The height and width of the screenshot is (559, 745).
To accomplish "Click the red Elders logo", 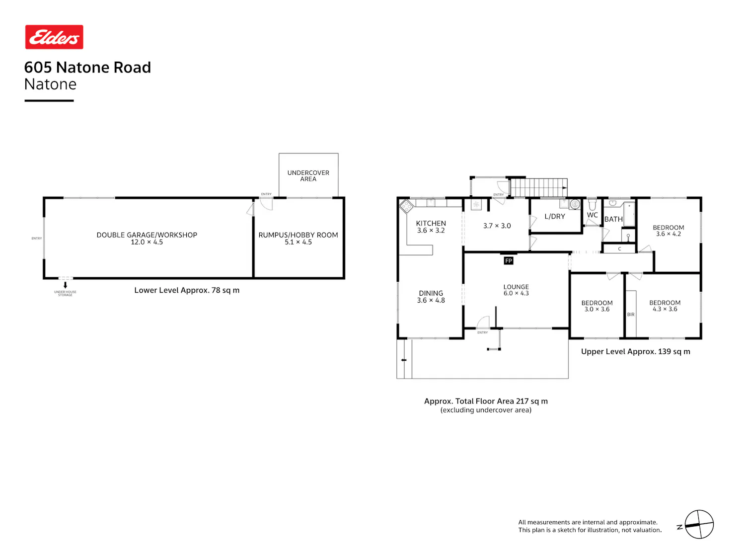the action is (x=54, y=37).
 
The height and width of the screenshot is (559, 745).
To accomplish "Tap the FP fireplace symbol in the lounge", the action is (x=508, y=261).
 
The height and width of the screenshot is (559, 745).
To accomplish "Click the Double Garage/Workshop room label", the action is (x=147, y=239).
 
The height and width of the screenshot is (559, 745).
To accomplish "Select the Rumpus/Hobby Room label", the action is (x=298, y=239).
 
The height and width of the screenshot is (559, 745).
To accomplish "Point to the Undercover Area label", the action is (x=308, y=176).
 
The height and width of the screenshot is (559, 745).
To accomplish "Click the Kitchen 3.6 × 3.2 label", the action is (x=431, y=227).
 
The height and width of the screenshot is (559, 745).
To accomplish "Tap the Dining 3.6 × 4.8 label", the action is (x=431, y=297).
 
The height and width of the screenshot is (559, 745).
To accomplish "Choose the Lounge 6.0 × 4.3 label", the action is (x=516, y=290).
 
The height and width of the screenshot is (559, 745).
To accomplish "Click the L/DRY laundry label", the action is (x=555, y=217).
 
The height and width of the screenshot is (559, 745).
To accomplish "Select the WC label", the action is (x=592, y=215).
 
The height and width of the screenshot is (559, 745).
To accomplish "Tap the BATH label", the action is (x=613, y=219).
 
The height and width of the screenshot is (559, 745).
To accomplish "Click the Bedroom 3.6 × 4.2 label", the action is (x=669, y=231).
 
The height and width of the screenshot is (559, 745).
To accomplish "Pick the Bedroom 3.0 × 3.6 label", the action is (x=596, y=306).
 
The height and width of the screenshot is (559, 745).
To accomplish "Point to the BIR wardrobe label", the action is (x=631, y=315).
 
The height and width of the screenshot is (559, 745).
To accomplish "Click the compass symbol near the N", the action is (x=699, y=524).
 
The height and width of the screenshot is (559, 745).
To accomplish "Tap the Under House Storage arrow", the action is (x=65, y=285).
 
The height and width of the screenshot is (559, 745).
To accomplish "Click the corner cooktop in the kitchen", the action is (x=406, y=206).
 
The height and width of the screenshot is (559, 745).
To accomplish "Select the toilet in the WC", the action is (x=592, y=204).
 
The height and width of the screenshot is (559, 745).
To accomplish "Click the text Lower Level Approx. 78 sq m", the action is (x=187, y=291).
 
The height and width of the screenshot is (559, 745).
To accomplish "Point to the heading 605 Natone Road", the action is (x=87, y=67).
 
